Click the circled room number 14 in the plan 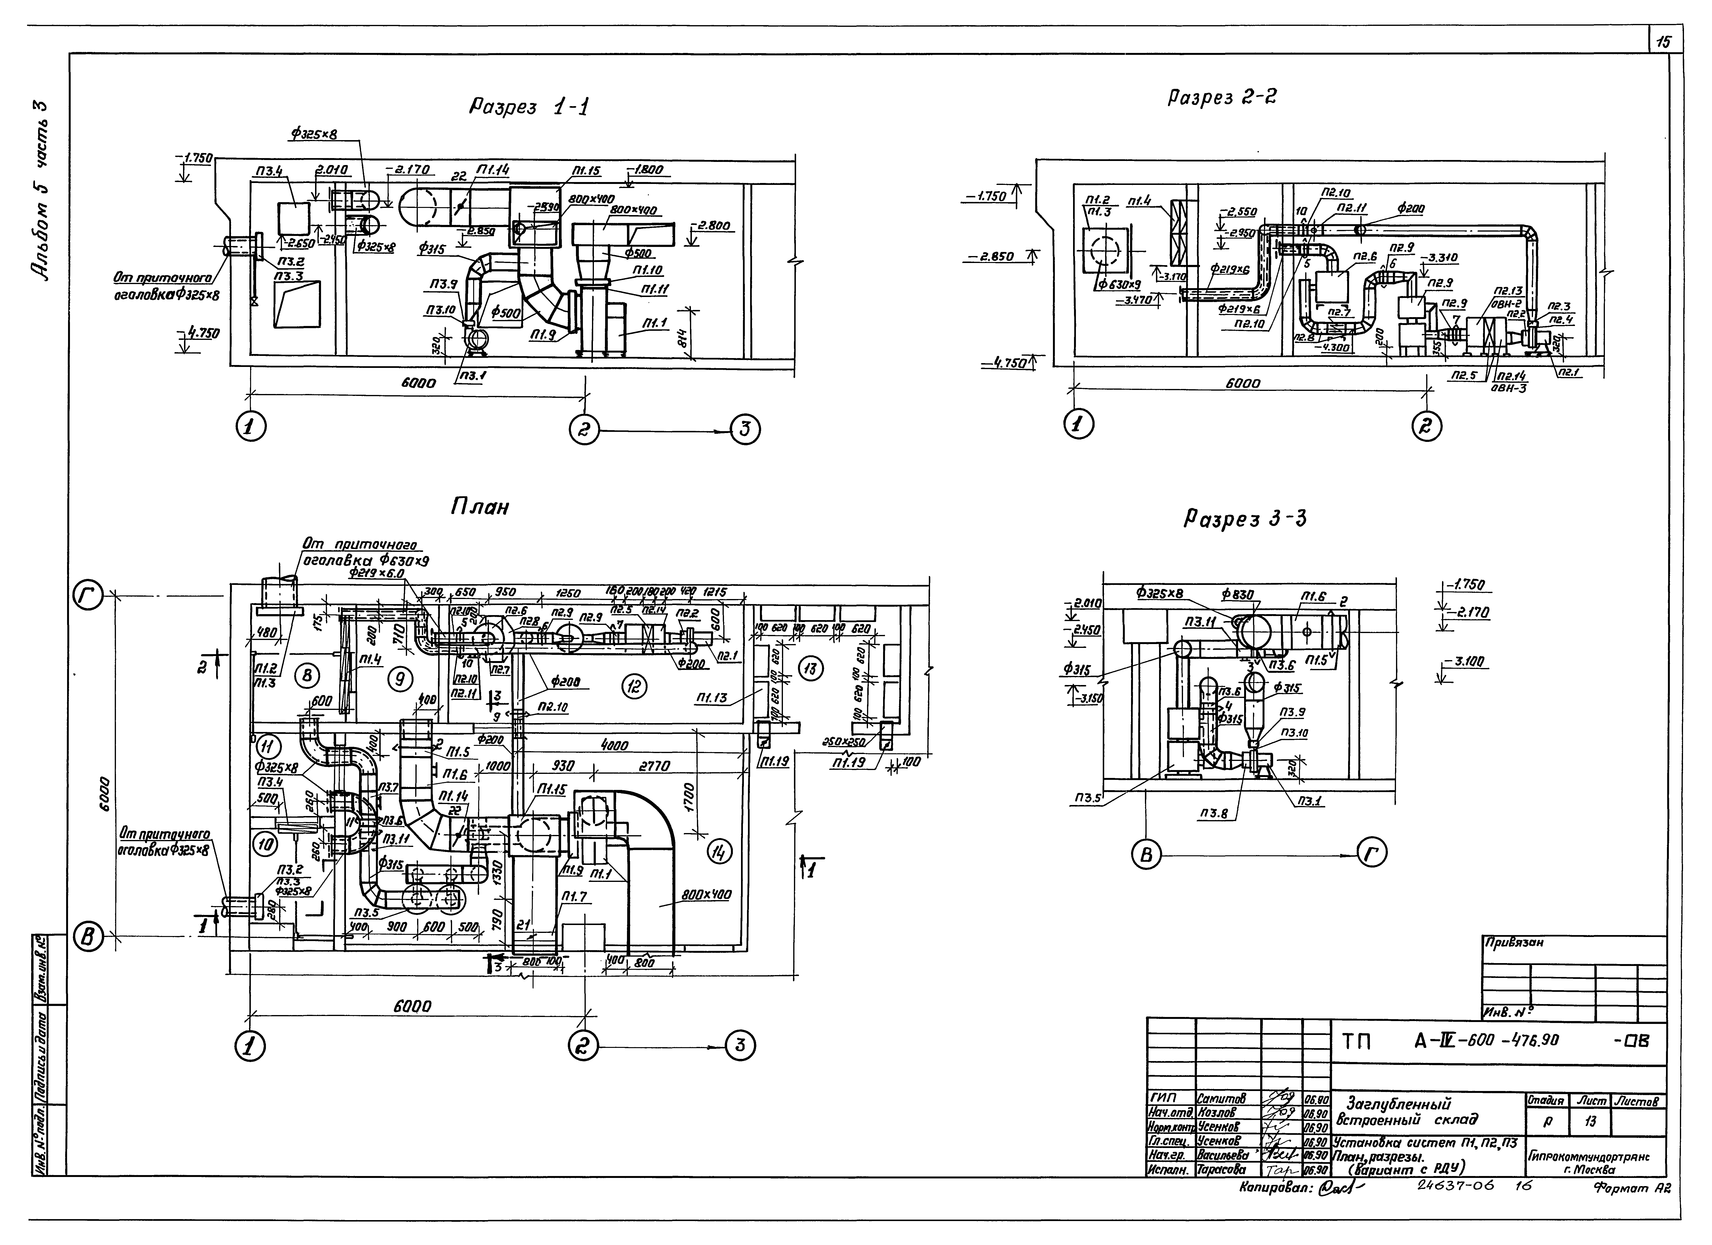[x=719, y=852]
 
